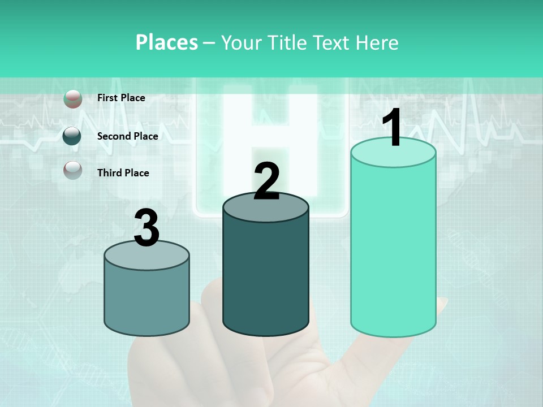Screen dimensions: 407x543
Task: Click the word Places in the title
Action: [x=167, y=42]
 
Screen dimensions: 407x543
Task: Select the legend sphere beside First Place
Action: [x=72, y=98]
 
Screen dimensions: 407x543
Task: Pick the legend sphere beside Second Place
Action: [x=72, y=136]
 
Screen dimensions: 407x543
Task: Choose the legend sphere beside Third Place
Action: [x=72, y=170]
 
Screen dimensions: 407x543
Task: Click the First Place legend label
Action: [x=121, y=98]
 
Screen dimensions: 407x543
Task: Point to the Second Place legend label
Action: [x=127, y=136]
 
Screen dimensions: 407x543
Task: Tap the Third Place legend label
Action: [x=123, y=173]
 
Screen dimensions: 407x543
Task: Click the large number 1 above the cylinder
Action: [x=393, y=129]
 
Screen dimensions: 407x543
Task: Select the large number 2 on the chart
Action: [x=266, y=181]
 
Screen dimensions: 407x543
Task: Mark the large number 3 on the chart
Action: [x=146, y=228]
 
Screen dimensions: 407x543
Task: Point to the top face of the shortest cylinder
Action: [x=146, y=256]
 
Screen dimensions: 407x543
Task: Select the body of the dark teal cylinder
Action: [x=266, y=277]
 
